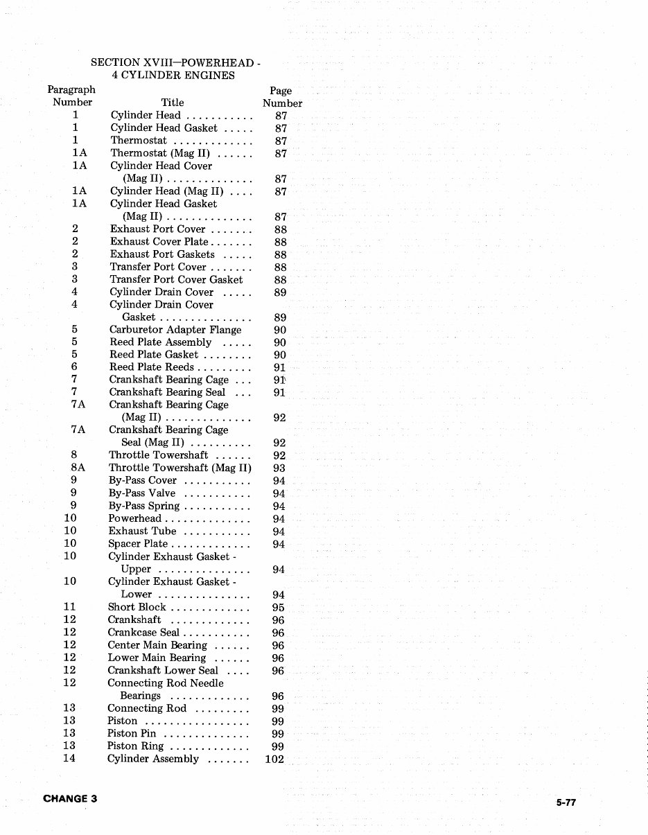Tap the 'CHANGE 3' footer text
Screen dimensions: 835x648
pos(70,798)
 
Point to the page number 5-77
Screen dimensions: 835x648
pos(566,803)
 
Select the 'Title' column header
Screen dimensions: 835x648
pos(173,103)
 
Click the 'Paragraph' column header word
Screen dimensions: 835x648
pos(71,89)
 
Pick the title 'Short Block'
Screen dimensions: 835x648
pos(137,607)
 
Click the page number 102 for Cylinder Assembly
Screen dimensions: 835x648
pos(274,759)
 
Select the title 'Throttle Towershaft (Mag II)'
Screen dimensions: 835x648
pos(179,468)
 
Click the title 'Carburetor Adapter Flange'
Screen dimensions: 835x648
pos(175,330)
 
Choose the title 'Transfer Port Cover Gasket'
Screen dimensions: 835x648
pos(176,279)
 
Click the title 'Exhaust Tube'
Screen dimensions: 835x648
pos(142,531)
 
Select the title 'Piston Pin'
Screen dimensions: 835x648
pos(131,733)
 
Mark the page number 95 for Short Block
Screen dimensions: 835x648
pos(279,608)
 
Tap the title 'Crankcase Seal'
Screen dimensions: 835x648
pos(143,632)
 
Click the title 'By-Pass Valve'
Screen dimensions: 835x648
pos(142,493)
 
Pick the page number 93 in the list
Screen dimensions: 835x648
pos(279,468)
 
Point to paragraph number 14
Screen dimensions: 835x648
pos(69,758)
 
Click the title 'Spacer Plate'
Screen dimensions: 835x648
pos(138,544)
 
